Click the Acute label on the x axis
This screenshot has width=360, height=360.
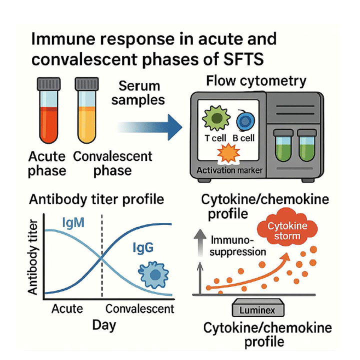(67, 308)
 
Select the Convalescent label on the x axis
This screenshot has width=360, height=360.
(139, 308)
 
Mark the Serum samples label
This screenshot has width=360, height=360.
(138, 92)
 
